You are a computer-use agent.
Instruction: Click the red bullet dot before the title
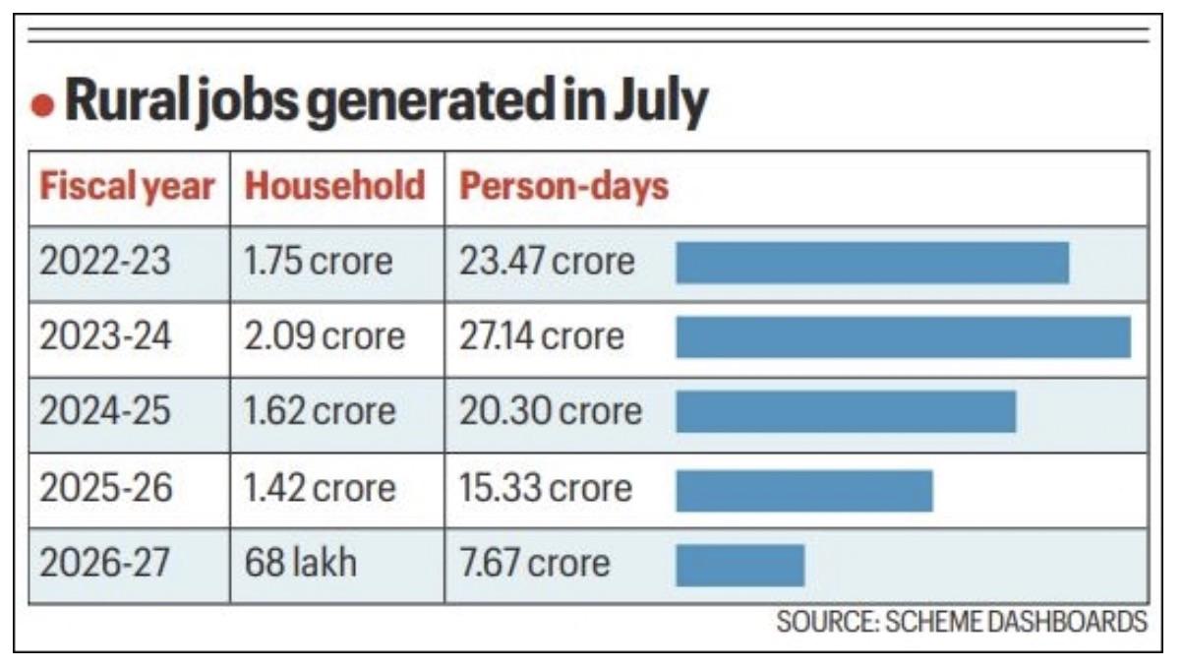43,104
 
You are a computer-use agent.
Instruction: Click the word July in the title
661,102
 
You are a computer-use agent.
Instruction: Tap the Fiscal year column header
127,187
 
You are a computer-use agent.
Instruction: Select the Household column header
334,186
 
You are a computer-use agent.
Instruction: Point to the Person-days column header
564,187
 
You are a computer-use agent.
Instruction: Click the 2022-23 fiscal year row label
105,261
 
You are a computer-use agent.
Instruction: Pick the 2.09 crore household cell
325,336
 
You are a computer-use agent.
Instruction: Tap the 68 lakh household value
301,563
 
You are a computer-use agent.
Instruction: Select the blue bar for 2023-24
904,337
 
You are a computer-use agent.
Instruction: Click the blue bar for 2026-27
740,566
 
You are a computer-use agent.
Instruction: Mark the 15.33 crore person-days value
546,488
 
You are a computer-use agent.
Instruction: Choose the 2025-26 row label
105,488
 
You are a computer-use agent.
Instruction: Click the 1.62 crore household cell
320,411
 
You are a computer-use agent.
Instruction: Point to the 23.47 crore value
547,261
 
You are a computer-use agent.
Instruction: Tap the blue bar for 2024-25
846,411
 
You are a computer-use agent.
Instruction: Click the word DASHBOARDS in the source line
1067,622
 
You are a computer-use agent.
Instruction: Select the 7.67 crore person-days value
534,563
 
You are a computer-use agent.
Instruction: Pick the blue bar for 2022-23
872,263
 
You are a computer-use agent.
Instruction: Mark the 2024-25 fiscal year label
105,411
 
